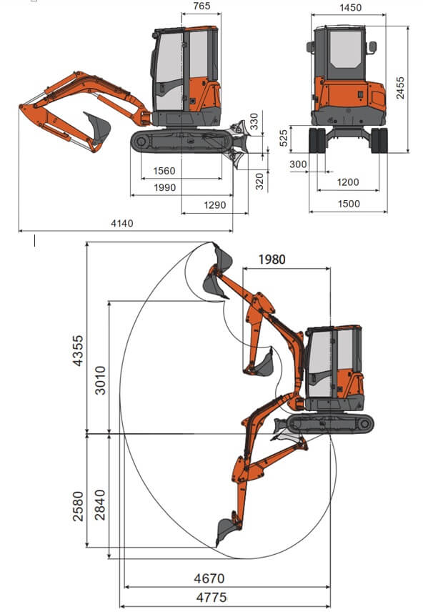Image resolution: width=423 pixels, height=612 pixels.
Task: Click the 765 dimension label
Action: (x=201, y=6)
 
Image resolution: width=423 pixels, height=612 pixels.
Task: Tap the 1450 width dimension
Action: (x=350, y=7)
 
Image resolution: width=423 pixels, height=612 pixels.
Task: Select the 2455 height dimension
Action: (x=400, y=88)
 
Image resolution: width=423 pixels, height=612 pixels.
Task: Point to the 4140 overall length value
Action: (x=122, y=223)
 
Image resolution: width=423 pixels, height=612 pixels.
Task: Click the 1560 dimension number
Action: (x=164, y=171)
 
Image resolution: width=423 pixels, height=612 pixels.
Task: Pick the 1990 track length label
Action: (x=164, y=187)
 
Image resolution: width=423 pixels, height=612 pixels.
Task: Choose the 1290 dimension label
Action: (x=214, y=205)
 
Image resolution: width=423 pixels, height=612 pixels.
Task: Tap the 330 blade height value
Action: (x=254, y=122)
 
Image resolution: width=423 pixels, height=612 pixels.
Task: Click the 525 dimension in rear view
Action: (x=284, y=138)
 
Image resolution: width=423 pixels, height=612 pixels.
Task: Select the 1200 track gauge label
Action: (x=348, y=182)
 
